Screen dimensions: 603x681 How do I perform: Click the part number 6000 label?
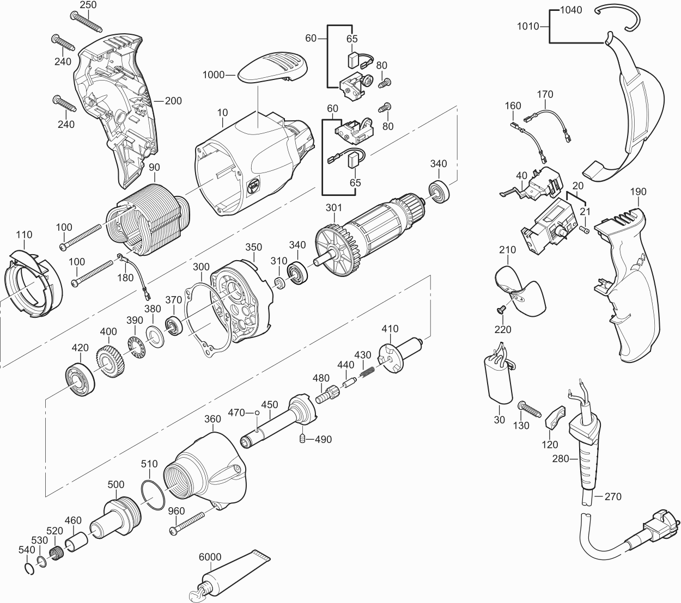click(x=210, y=557)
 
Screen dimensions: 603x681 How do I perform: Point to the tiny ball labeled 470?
click(x=257, y=413)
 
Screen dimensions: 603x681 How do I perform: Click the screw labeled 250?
click(x=87, y=20)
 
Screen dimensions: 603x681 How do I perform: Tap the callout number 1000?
click(x=214, y=75)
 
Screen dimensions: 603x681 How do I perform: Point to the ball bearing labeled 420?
click(x=80, y=377)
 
